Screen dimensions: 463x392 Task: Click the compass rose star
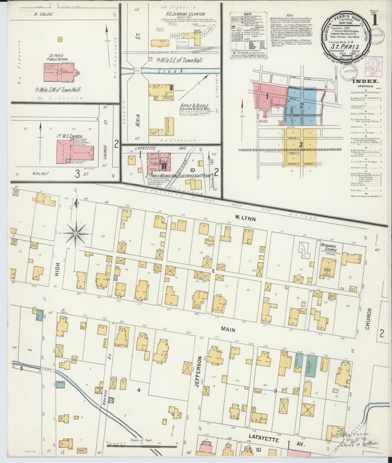click(76, 233)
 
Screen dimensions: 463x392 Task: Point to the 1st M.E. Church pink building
click(75, 151)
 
